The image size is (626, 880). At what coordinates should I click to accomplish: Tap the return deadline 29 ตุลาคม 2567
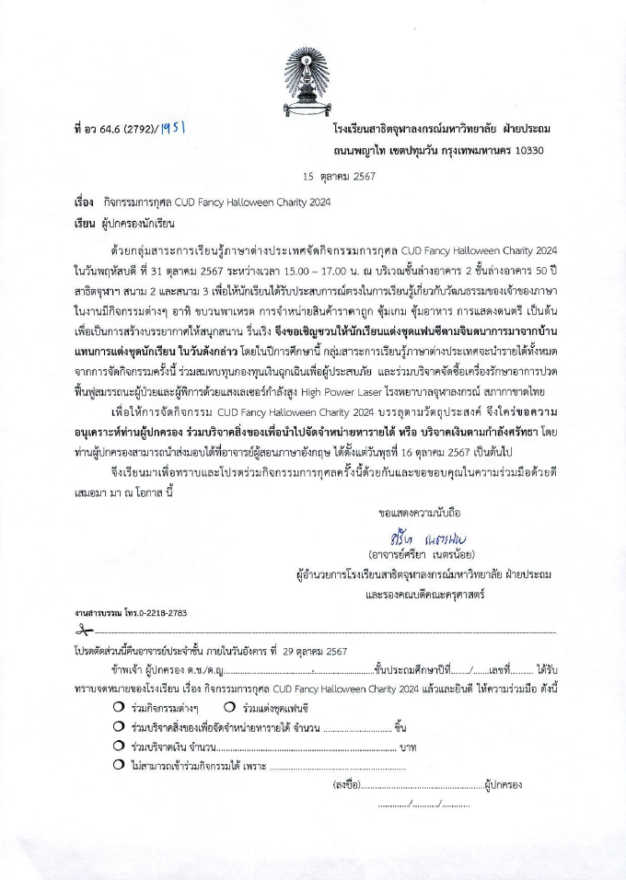click(309, 651)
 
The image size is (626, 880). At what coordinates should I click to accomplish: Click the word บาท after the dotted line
click(408, 747)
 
